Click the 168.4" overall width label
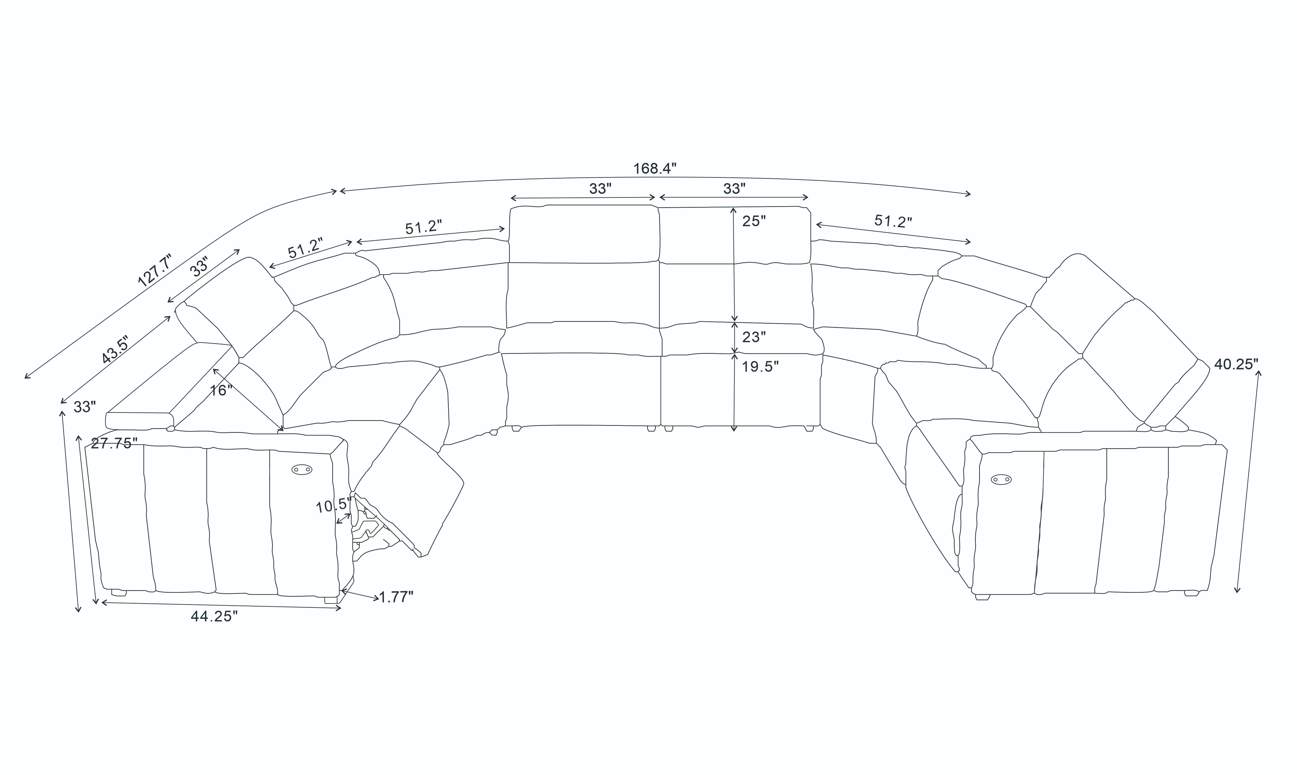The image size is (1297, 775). (655, 169)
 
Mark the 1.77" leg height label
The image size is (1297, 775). (396, 597)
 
